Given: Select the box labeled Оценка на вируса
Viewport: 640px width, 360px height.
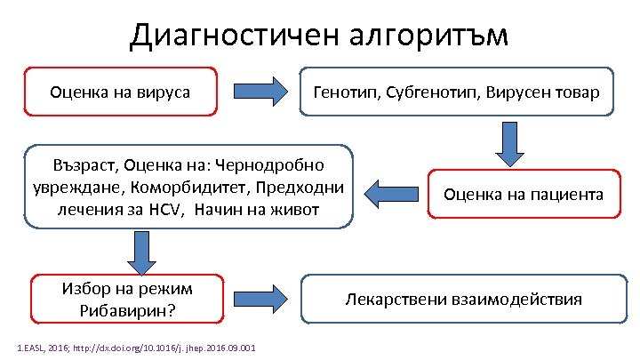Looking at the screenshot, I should coord(121,92).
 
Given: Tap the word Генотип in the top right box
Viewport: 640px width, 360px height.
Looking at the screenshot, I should coord(346,92).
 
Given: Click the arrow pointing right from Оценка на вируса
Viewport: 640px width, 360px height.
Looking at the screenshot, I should coord(260,91).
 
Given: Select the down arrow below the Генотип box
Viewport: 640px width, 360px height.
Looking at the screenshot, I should coord(511,143).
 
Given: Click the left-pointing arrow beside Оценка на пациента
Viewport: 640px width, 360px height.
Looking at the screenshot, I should coord(392,193).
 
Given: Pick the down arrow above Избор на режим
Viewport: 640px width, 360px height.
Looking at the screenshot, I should coord(141,252).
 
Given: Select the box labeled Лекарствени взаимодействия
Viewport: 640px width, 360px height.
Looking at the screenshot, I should coord(463,299).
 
